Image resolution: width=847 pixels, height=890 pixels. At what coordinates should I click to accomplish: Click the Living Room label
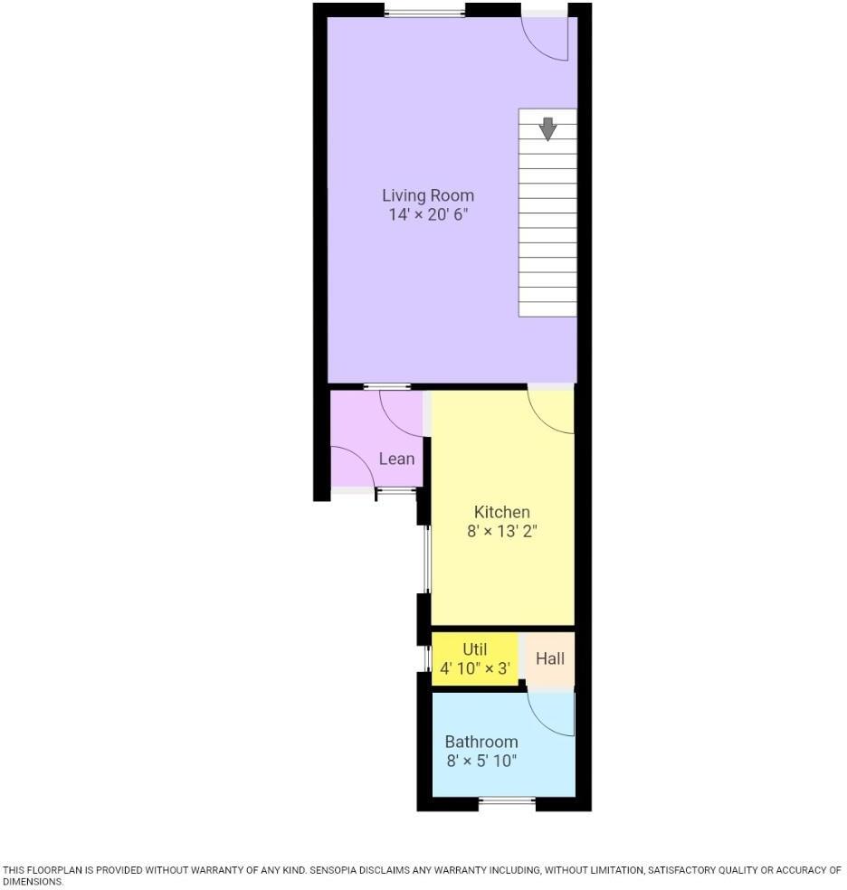427,195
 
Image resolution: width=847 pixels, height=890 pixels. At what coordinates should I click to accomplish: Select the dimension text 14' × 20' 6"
427,215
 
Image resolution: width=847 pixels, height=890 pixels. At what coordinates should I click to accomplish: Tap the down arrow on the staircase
547,128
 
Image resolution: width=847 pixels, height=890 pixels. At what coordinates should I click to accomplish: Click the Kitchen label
502,512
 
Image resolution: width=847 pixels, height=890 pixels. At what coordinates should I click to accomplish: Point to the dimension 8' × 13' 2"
502,532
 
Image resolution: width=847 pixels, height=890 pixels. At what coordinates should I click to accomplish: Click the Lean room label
396,459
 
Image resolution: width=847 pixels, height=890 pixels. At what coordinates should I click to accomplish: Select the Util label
474,649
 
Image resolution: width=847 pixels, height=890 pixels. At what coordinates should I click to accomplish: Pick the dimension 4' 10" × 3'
475,670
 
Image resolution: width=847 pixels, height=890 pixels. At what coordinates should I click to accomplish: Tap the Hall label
550,658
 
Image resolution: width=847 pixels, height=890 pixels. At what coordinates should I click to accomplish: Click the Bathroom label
481,742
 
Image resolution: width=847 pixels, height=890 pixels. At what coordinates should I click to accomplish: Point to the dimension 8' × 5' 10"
481,762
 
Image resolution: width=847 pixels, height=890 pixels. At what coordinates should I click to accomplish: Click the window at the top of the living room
424,12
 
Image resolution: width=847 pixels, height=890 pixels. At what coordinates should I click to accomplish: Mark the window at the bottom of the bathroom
507,800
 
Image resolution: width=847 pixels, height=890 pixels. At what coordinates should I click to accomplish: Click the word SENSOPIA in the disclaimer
334,870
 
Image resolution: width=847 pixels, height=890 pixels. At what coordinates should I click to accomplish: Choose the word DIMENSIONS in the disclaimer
32,881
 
